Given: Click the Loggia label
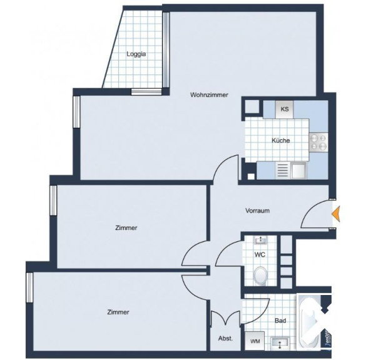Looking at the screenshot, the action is click(x=136, y=54).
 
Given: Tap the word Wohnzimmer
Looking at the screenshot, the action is click(x=209, y=95).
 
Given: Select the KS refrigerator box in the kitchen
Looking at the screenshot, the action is click(x=285, y=109).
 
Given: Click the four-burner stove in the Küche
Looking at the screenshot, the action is click(x=318, y=142).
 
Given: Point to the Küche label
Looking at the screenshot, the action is click(x=281, y=141).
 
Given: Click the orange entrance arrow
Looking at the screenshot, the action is click(x=336, y=213).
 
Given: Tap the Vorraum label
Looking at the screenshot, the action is click(x=258, y=211).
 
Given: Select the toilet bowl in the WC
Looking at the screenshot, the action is click(x=261, y=276).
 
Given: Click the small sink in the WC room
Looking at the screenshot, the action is click(x=261, y=240).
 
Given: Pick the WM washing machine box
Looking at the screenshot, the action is click(x=255, y=341).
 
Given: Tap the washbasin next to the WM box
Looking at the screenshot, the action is click(x=280, y=343).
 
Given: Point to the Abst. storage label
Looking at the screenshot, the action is click(x=225, y=338).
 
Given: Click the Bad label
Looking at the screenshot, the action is click(x=280, y=321).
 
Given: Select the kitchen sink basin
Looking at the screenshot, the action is click(x=298, y=171).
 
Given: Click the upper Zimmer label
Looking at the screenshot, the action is click(x=126, y=227).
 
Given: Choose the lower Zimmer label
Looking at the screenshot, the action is click(x=118, y=312).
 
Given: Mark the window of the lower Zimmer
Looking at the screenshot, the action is click(x=29, y=287).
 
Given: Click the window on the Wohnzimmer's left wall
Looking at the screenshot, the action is click(x=76, y=112).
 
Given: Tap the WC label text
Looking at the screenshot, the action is click(x=260, y=254).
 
